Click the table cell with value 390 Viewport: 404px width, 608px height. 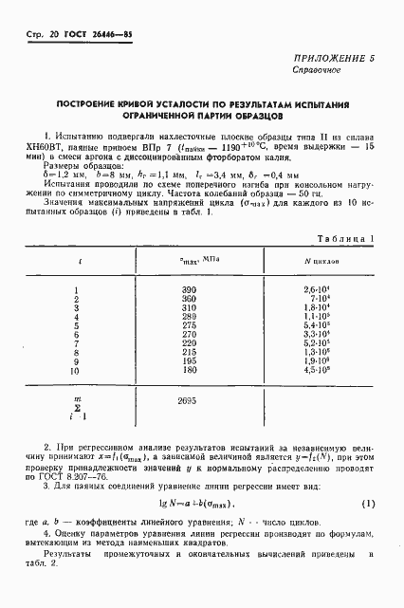(x=187, y=287)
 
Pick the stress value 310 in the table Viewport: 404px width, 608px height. (x=187, y=308)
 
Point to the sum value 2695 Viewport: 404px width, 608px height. (x=187, y=402)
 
